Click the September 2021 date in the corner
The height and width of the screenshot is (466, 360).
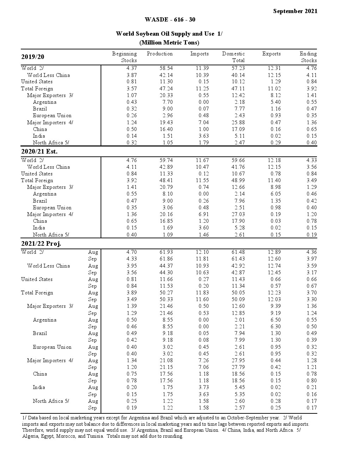click(x=295, y=11)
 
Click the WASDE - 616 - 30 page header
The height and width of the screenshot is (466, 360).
click(x=170, y=19)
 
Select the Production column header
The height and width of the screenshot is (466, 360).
click(x=160, y=54)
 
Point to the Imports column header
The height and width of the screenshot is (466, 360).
click(x=199, y=54)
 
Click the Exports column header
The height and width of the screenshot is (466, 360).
click(x=271, y=54)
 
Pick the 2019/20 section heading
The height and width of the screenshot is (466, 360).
click(x=33, y=57)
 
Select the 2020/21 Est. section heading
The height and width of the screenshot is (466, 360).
click(x=39, y=151)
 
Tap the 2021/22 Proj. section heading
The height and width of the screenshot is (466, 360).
click(x=41, y=244)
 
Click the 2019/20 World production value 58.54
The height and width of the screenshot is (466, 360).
click(x=166, y=68)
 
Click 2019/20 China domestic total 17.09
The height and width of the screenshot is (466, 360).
click(x=238, y=129)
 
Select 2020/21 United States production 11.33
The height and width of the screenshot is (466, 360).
click(x=166, y=174)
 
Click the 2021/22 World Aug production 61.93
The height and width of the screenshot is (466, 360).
click(x=166, y=252)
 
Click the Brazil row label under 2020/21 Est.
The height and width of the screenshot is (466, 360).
click(x=40, y=201)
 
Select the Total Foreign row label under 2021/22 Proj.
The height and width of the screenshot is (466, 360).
click(x=37, y=293)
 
